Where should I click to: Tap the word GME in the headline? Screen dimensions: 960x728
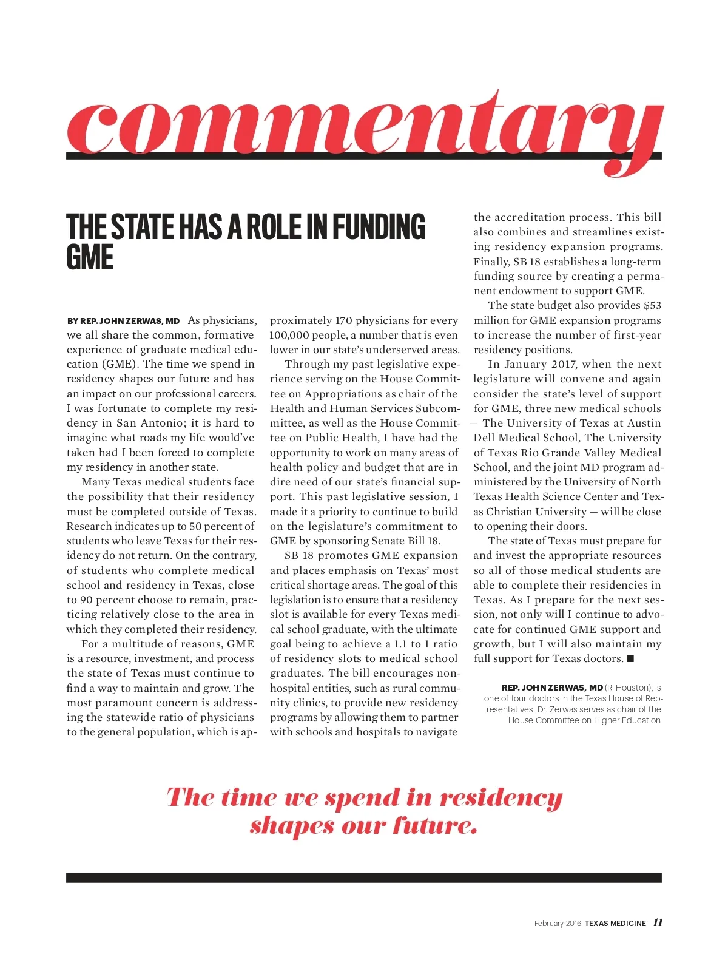(x=90, y=257)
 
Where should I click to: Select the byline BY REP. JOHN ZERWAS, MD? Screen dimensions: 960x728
(x=123, y=321)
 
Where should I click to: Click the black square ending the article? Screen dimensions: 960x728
(x=630, y=658)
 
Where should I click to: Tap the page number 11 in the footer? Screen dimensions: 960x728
(x=658, y=922)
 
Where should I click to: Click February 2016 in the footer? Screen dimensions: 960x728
(x=558, y=923)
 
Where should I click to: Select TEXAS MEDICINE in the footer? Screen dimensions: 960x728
(x=615, y=923)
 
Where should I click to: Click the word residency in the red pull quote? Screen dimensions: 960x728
(x=501, y=797)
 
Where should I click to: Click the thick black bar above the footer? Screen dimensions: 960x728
(x=364, y=877)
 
